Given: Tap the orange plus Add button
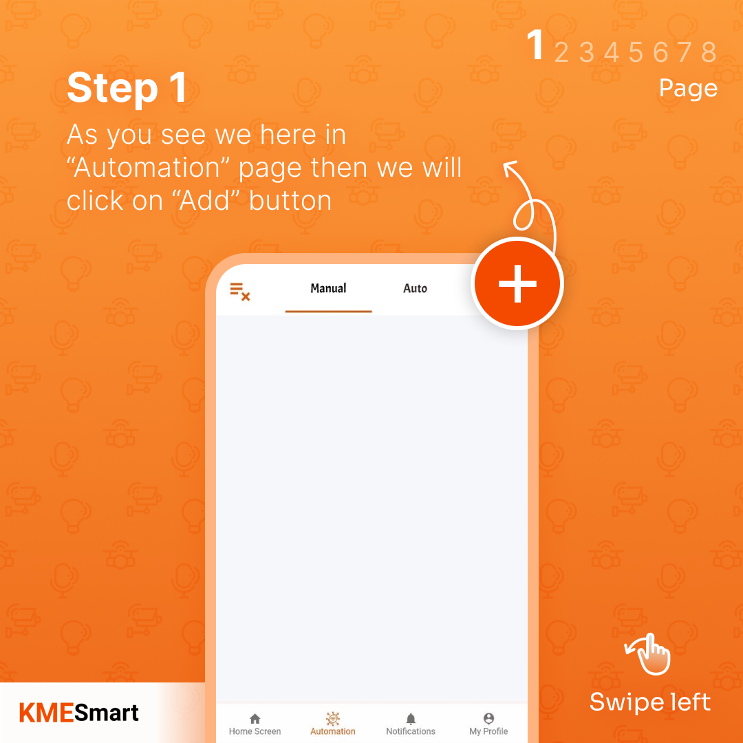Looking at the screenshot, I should tap(517, 283).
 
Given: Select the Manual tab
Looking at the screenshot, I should tap(328, 288).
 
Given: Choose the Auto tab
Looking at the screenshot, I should tap(415, 288).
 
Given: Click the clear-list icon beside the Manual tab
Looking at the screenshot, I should tap(239, 291).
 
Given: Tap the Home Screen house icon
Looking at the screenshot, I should tap(255, 719).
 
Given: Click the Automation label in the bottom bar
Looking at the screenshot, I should tap(333, 731).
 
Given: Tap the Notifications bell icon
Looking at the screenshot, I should tap(411, 719).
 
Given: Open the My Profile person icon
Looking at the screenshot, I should tap(488, 719).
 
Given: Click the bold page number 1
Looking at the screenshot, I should tap(535, 46).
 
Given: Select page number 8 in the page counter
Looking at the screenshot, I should tap(709, 52).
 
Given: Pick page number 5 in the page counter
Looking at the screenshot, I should tap(636, 52).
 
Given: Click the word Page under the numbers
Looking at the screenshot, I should tap(688, 88).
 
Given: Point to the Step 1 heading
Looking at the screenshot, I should tap(127, 88).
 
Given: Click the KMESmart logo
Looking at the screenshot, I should tap(79, 713).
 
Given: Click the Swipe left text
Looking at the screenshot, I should tap(649, 702).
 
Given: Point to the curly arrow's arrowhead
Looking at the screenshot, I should tap(509, 167).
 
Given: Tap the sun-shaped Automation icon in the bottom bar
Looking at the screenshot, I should tap(333, 718).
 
